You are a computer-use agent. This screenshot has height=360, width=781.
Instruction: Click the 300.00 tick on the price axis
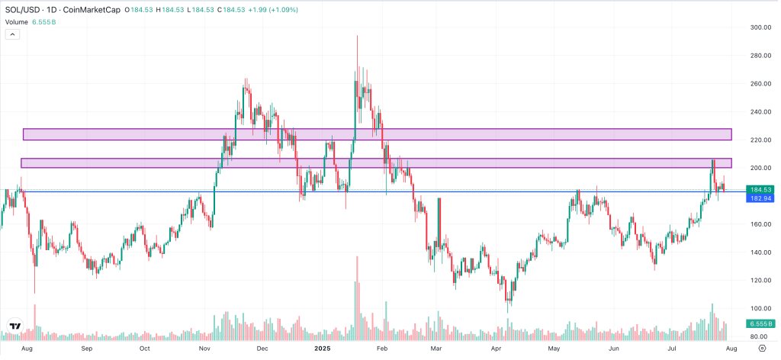click(760, 27)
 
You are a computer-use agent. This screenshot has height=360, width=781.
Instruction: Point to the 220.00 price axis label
click(760, 140)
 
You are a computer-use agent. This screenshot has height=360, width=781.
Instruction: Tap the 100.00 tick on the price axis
click(760, 308)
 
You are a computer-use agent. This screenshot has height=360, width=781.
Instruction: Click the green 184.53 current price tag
click(762, 189)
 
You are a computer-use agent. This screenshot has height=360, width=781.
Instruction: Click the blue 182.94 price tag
click(762, 198)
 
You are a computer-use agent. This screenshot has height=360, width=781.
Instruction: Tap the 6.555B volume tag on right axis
click(762, 323)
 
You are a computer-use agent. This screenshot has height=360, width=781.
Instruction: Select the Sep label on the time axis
click(86, 349)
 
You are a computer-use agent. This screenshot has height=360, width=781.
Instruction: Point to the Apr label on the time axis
click(495, 349)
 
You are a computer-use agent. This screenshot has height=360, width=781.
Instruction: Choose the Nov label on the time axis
click(204, 349)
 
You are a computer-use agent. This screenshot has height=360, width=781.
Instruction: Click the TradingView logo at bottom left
click(15, 326)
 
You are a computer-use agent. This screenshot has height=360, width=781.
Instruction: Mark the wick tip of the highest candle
click(357, 36)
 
